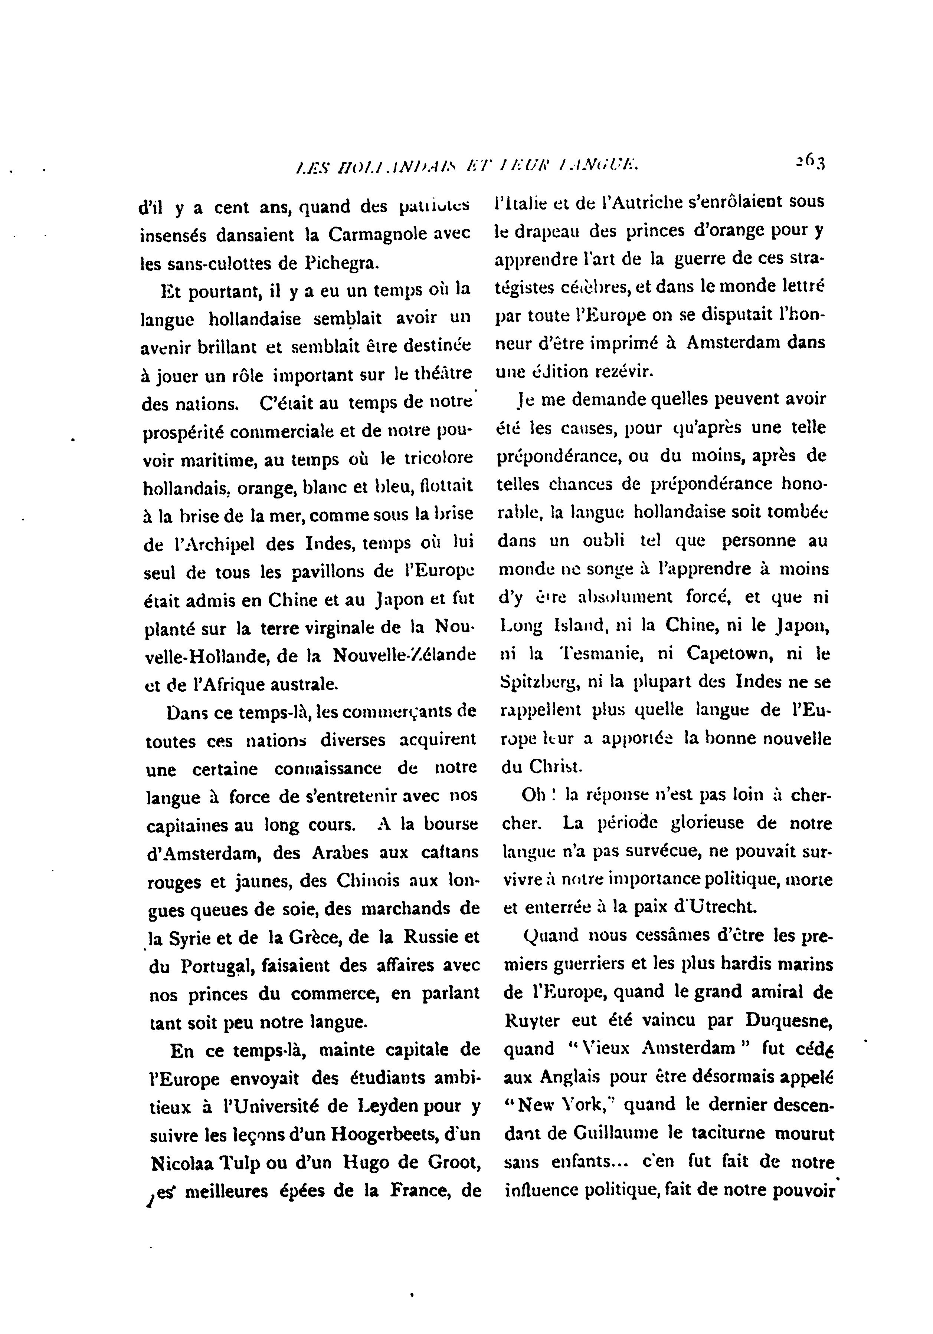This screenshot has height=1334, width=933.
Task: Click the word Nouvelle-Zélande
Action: tap(405, 655)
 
